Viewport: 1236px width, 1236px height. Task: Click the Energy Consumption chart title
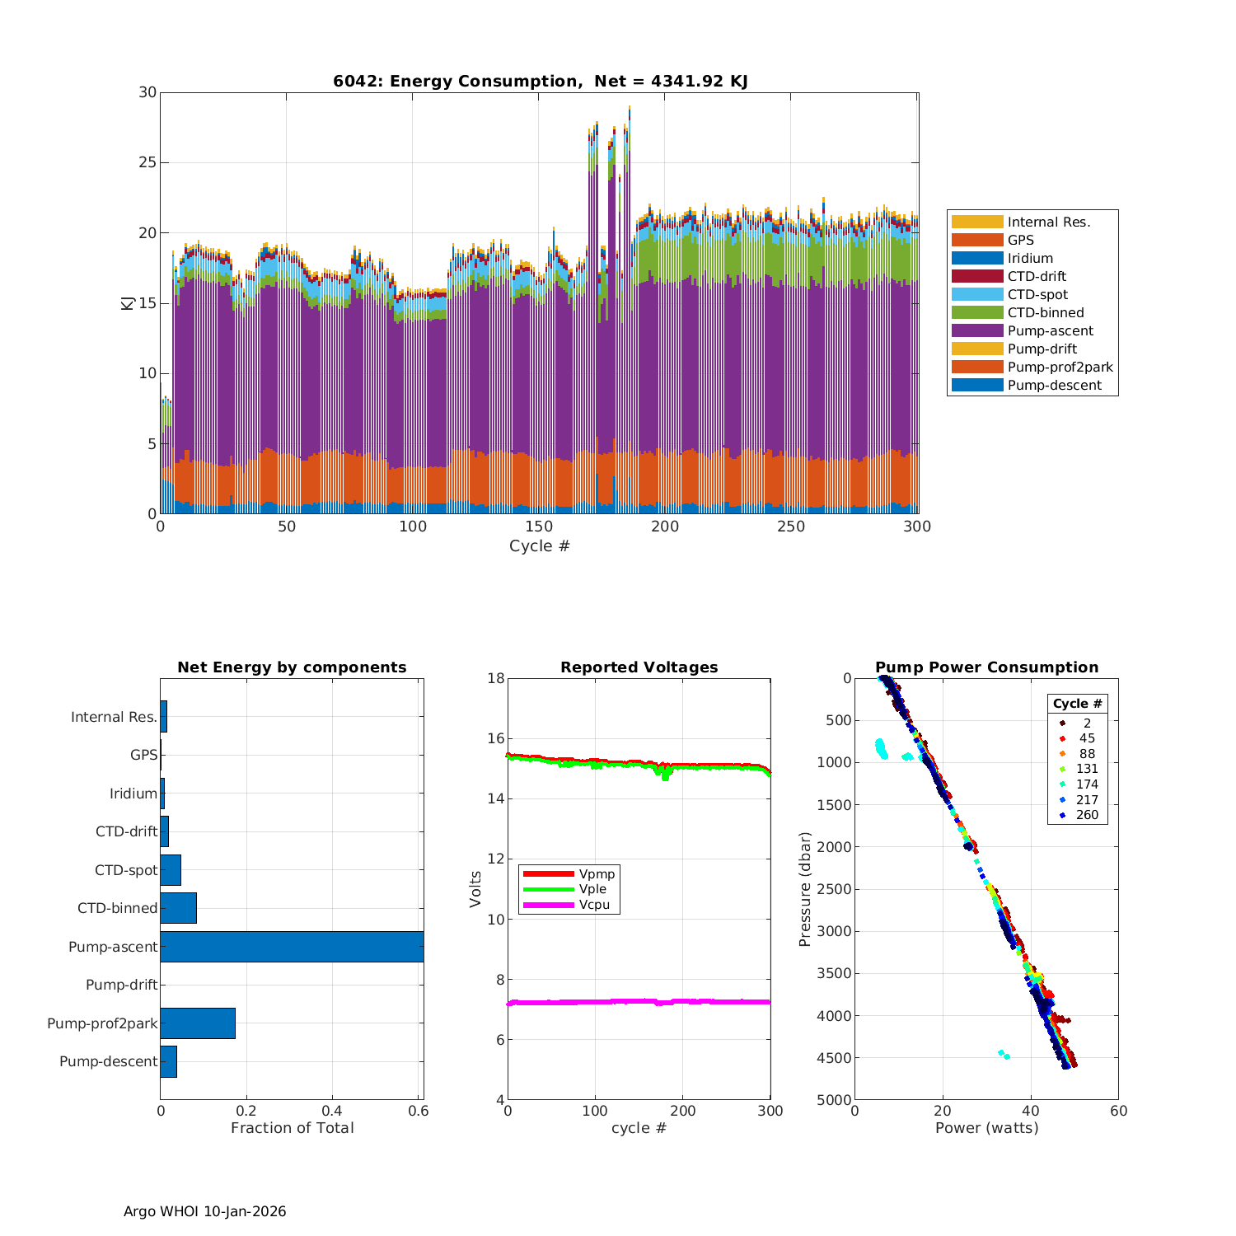pos(540,81)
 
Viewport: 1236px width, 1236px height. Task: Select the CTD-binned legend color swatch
pos(977,313)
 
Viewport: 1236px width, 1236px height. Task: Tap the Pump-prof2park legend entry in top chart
pos(1060,368)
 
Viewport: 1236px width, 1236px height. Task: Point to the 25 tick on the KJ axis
pos(147,162)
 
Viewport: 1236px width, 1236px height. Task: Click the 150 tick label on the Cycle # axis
pos(539,527)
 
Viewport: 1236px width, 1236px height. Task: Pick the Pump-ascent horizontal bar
pos(292,947)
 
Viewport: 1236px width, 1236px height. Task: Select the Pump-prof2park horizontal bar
pos(198,1023)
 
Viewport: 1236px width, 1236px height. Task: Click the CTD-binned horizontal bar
pos(179,908)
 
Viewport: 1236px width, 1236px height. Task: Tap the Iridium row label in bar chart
pos(133,794)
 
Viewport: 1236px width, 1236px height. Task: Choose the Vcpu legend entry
pos(594,905)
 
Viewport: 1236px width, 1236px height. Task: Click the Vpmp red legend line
pos(548,873)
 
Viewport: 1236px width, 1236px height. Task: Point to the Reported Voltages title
pos(639,667)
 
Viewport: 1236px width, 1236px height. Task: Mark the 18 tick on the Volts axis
pos(496,678)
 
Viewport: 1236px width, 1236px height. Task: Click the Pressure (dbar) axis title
pos(806,888)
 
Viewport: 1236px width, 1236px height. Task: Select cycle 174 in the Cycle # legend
pos(1087,784)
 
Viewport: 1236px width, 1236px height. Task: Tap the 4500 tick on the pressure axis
pos(835,1058)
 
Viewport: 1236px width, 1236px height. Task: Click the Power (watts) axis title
pos(986,1128)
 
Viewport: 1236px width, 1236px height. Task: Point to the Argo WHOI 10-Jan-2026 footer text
pos(205,1211)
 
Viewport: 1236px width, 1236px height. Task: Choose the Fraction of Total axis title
pos(292,1128)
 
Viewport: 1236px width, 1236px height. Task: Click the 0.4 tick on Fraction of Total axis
pos(332,1111)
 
